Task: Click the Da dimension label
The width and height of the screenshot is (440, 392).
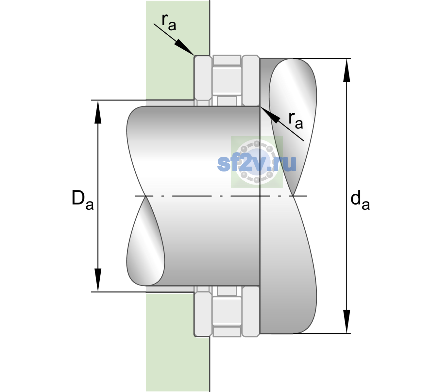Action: click(x=82, y=200)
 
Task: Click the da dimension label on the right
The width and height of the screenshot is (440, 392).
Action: click(x=360, y=200)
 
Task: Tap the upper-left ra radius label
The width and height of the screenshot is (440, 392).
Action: click(x=169, y=22)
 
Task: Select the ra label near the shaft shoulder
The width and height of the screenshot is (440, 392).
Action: click(x=296, y=121)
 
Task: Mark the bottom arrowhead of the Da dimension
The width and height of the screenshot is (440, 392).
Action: click(x=98, y=280)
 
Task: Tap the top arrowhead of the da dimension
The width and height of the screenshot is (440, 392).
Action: click(x=347, y=70)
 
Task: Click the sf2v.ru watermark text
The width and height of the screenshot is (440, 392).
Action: click(x=257, y=163)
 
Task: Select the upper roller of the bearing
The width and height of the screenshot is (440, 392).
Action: click(x=227, y=81)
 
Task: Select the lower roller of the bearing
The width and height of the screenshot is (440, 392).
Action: click(x=227, y=311)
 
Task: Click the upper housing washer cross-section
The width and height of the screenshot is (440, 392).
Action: click(x=203, y=81)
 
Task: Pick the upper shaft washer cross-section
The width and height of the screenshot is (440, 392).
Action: click(x=251, y=81)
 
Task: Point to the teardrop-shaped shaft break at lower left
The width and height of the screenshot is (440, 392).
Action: click(x=145, y=241)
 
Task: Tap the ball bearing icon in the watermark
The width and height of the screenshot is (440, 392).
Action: click(x=257, y=162)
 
